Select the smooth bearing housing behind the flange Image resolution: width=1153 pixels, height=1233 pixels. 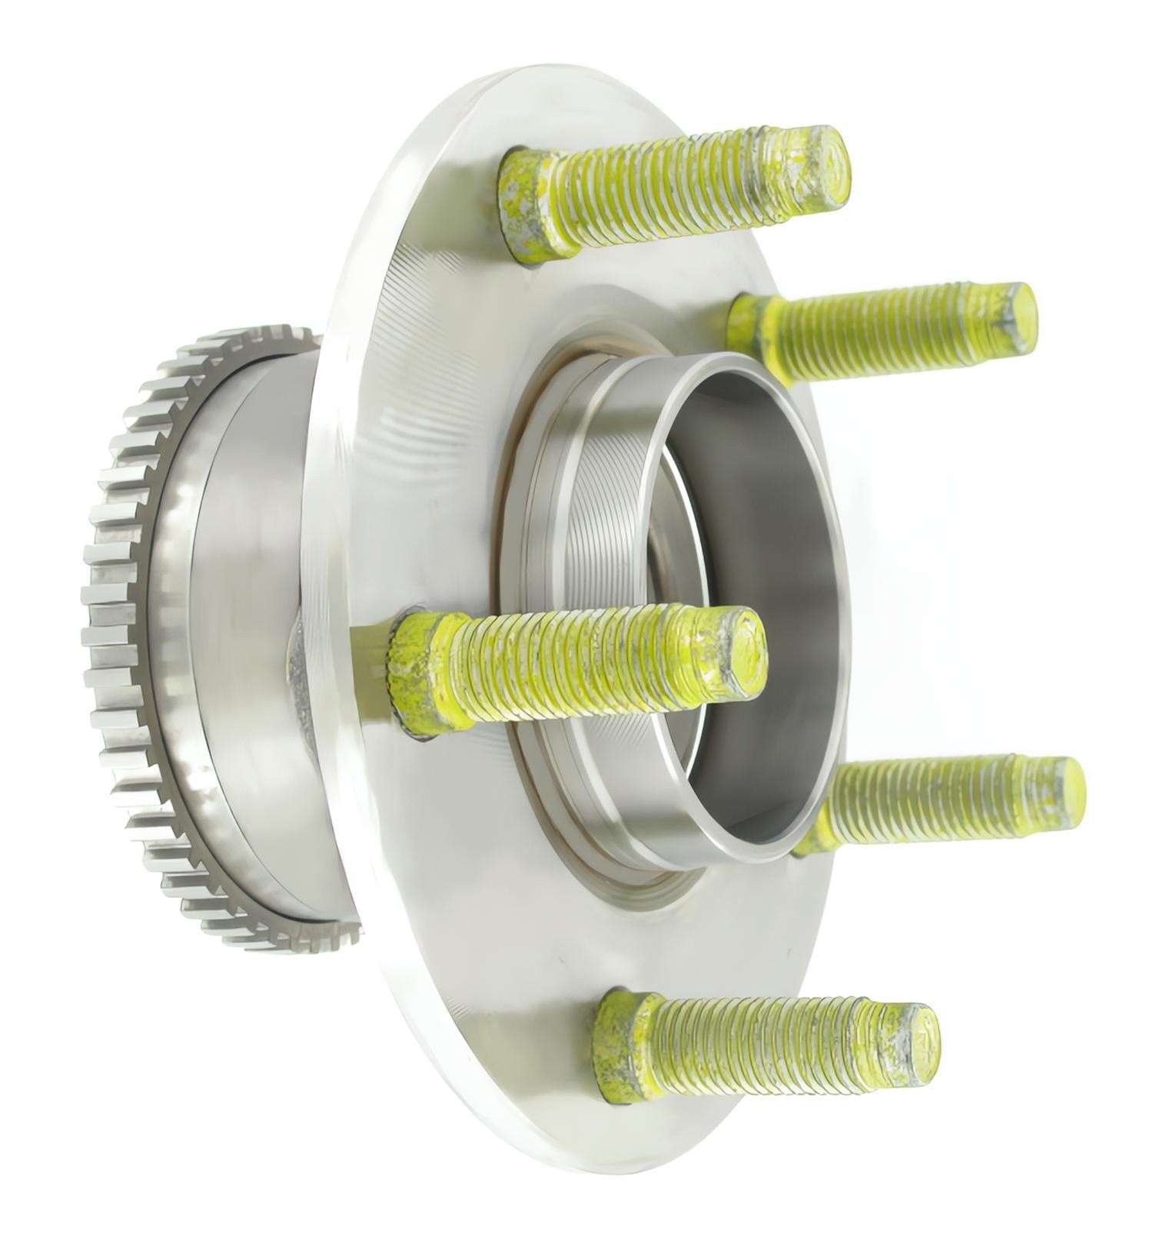246,615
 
